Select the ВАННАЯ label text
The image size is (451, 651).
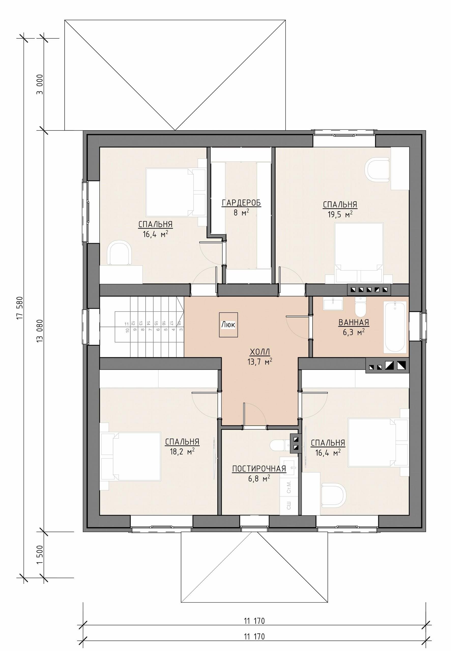click(x=354, y=322)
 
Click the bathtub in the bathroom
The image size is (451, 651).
click(x=395, y=327)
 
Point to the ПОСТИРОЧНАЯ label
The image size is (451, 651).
click(x=259, y=469)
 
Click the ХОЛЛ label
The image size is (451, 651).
click(x=260, y=352)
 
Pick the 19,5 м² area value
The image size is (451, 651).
click(x=340, y=214)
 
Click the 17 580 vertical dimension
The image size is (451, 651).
click(x=20, y=308)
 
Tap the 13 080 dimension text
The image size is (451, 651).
click(x=40, y=331)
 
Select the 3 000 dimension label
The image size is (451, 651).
click(x=40, y=84)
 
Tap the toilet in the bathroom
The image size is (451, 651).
click(x=360, y=307)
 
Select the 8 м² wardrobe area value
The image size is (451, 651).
click(x=241, y=212)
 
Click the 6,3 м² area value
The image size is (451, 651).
click(x=354, y=332)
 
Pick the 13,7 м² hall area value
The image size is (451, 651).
click(x=260, y=362)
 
